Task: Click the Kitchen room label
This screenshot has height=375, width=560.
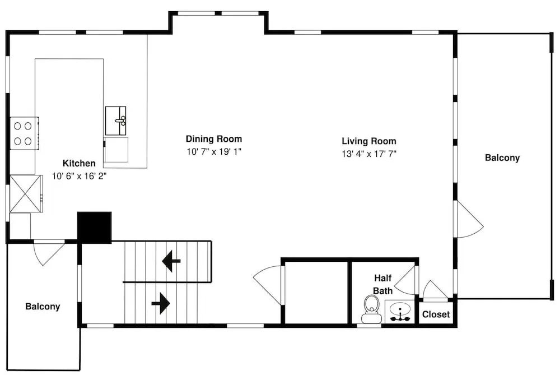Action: pos(79,163)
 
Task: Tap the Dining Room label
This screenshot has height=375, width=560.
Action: pos(214,139)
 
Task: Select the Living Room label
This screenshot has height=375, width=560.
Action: pos(369,141)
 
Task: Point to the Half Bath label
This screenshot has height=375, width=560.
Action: pos(383,284)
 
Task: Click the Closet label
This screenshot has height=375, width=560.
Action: pos(436,314)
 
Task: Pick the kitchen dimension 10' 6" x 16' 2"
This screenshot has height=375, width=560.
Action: pos(80,176)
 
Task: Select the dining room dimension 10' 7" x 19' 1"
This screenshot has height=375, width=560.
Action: pos(214,151)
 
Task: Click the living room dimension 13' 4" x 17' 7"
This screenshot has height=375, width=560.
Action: pos(369,154)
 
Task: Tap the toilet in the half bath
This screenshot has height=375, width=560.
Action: pos(371,309)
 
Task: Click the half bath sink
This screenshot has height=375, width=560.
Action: pos(400,312)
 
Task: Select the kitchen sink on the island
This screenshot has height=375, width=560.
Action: pos(116,121)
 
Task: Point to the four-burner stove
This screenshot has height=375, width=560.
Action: pos(24,133)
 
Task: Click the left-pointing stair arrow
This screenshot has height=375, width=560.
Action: pos(171,261)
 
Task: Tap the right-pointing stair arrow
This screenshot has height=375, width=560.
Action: pos(161,303)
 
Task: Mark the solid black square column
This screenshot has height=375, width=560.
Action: pos(95,228)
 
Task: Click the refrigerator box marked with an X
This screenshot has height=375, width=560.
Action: pos(26,193)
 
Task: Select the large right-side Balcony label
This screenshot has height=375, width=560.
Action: pos(502,158)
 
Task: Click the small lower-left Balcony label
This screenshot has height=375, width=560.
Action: pos(43,307)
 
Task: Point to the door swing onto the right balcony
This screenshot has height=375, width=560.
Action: pos(470,219)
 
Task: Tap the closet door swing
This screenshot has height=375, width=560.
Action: pos(435,289)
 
